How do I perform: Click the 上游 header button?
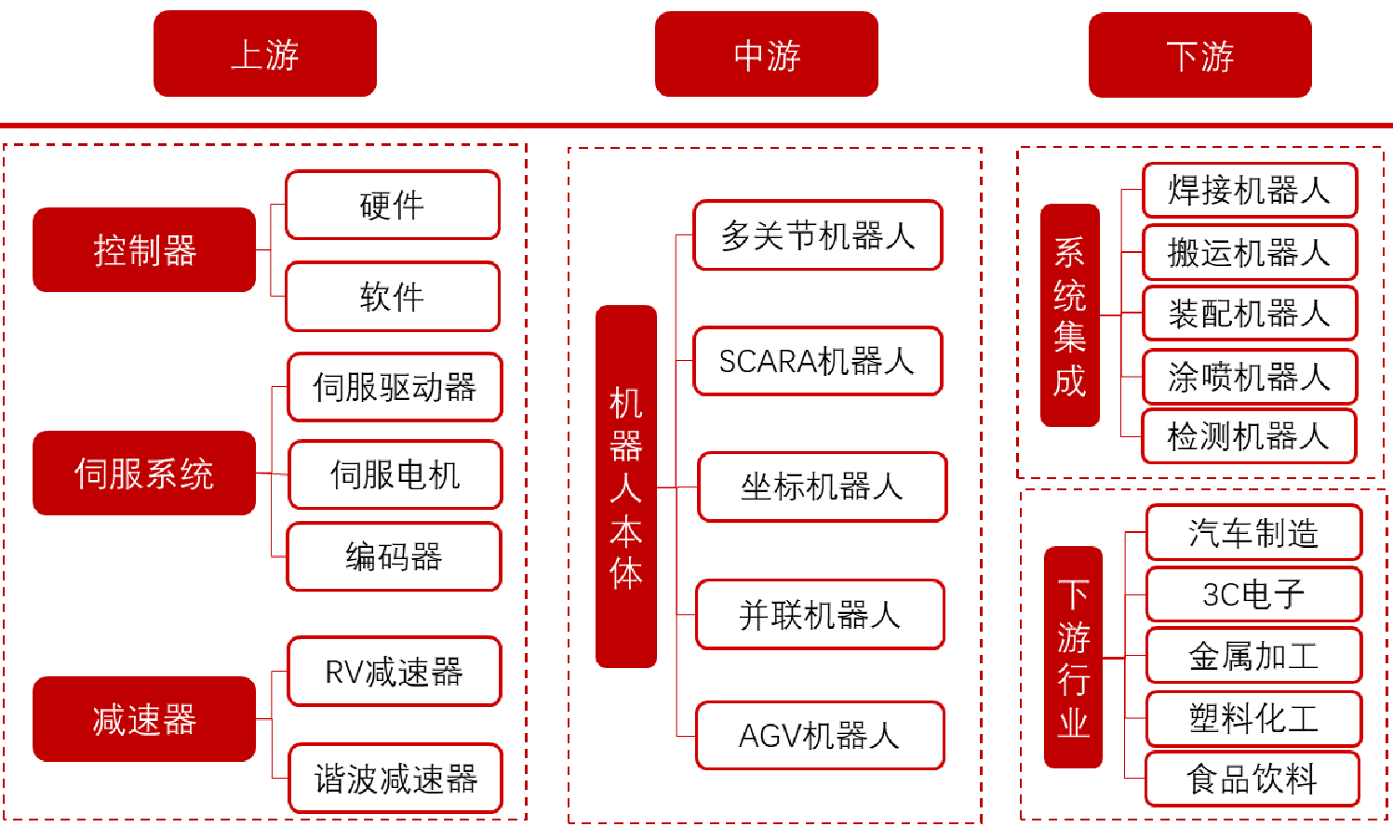click(x=265, y=53)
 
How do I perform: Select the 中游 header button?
click(x=766, y=54)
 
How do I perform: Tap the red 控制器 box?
click(x=144, y=250)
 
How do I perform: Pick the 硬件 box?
click(x=393, y=205)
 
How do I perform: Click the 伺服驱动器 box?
click(x=395, y=387)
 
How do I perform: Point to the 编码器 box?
click(x=395, y=556)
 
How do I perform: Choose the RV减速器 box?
click(x=395, y=671)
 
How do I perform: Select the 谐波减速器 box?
click(x=395, y=778)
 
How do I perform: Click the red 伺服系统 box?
click(x=144, y=474)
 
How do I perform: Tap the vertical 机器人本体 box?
click(x=626, y=487)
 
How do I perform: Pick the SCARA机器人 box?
click(x=818, y=361)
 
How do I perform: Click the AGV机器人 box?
click(x=820, y=736)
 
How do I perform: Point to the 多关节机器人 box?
click(x=818, y=235)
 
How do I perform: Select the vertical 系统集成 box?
click(x=1069, y=315)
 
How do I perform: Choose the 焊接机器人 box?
click(x=1250, y=190)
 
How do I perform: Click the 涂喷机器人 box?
click(x=1250, y=376)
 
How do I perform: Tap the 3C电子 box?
click(x=1253, y=594)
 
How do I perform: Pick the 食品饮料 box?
click(x=1252, y=779)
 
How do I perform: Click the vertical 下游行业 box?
click(x=1073, y=658)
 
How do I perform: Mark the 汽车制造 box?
click(x=1253, y=532)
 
